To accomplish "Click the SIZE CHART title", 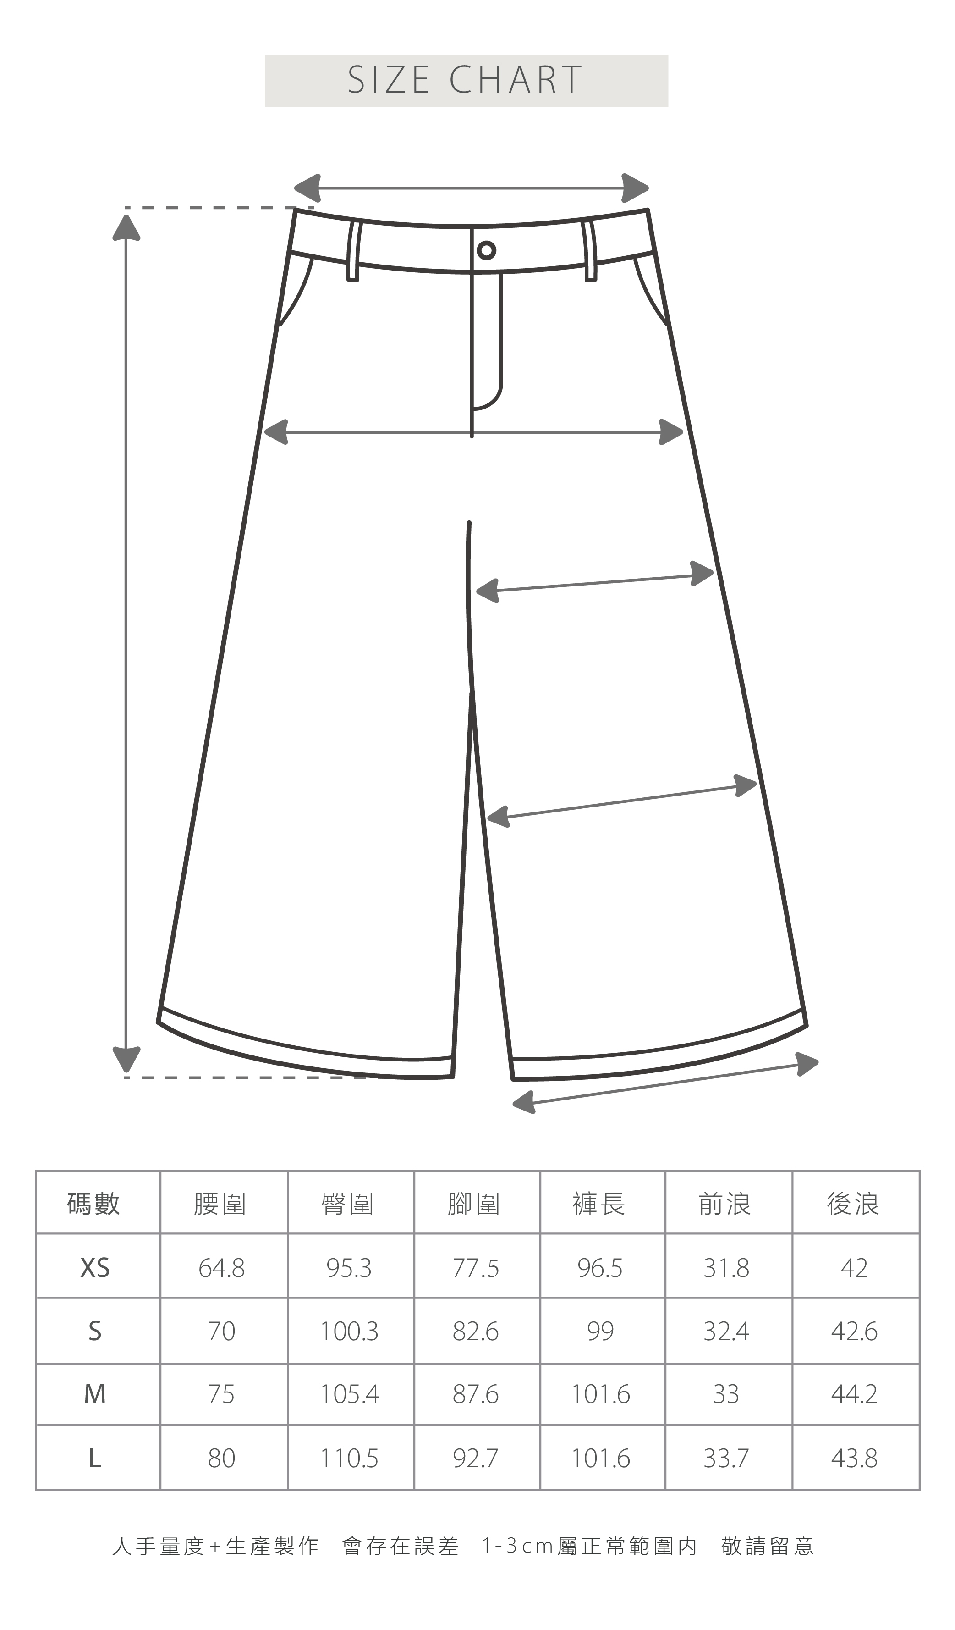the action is pos(466,80).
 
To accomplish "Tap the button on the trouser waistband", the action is pos(486,250).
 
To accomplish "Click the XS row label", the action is pos(95,1268).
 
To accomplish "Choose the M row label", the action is pos(95,1395).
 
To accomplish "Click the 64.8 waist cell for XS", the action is pos(222,1268).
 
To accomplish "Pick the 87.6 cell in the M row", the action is pos(475,1395).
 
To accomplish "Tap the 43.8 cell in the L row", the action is pos(854,1459).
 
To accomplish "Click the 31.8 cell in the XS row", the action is pos(726,1268).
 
